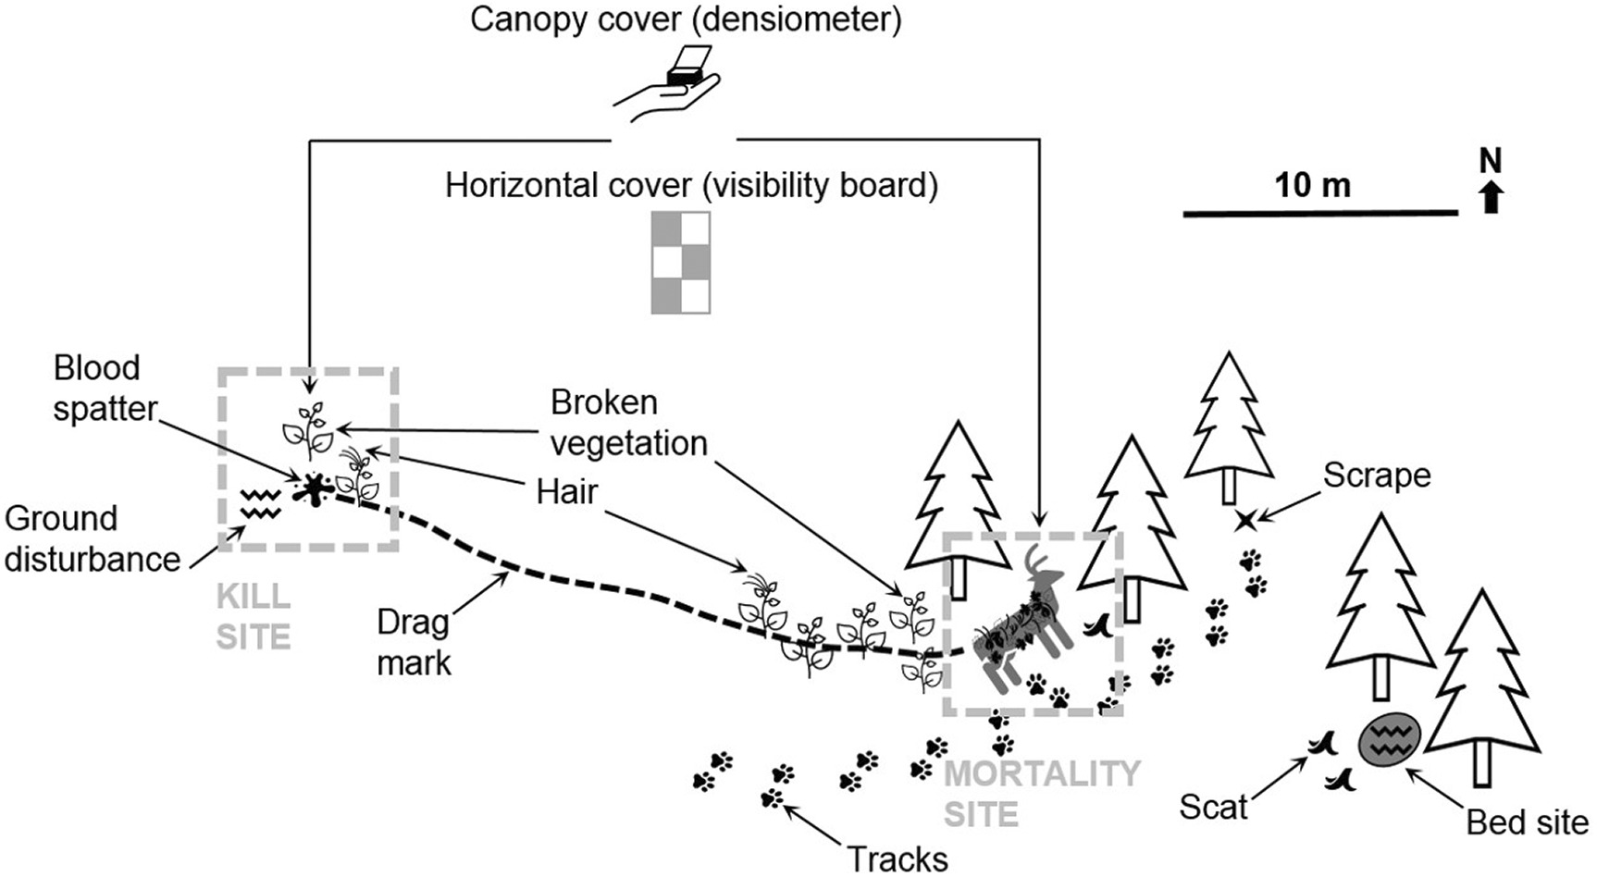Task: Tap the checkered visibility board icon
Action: point(681,262)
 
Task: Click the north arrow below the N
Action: point(1490,197)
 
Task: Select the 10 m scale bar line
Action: point(1320,214)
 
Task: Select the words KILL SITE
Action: point(254,616)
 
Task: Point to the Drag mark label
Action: point(414,642)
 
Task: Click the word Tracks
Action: point(898,858)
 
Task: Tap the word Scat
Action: point(1213,807)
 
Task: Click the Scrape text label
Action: point(1376,475)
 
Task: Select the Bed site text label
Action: point(1527,821)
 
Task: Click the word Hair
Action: point(567,491)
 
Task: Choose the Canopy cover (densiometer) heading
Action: point(685,19)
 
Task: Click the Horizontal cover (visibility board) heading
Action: point(691,185)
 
